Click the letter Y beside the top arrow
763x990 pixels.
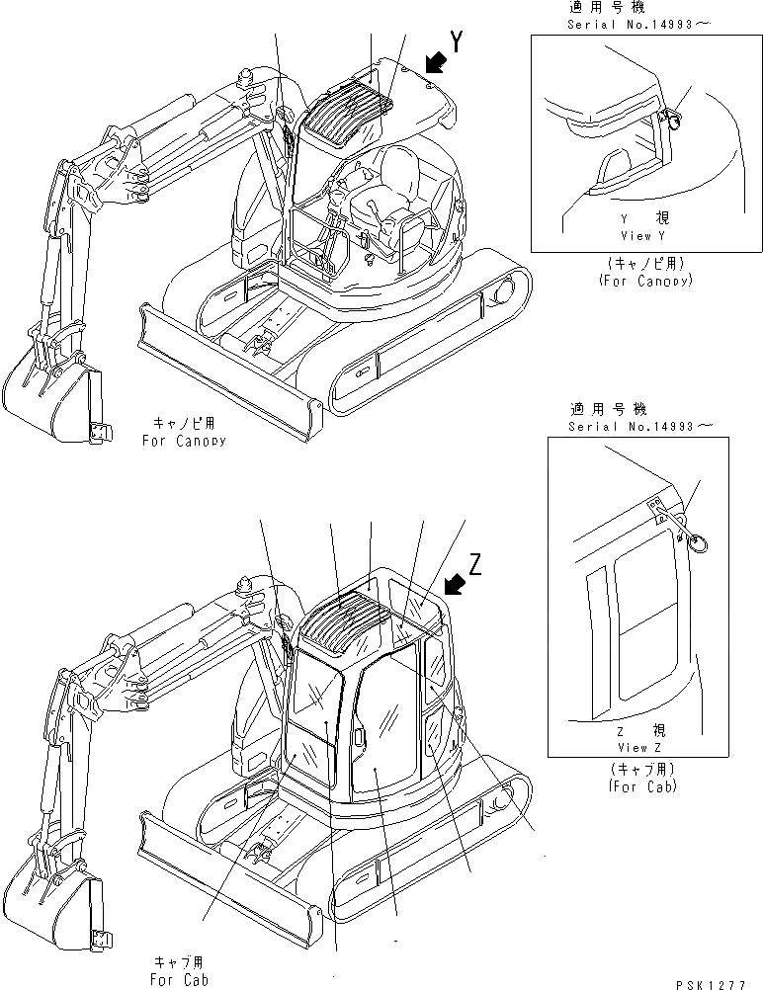[456, 41]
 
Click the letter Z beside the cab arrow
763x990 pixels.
[475, 564]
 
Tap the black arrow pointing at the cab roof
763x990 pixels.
[456, 587]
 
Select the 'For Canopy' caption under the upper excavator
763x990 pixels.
[183, 440]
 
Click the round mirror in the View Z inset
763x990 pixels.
[697, 542]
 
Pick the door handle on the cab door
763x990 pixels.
[358, 739]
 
